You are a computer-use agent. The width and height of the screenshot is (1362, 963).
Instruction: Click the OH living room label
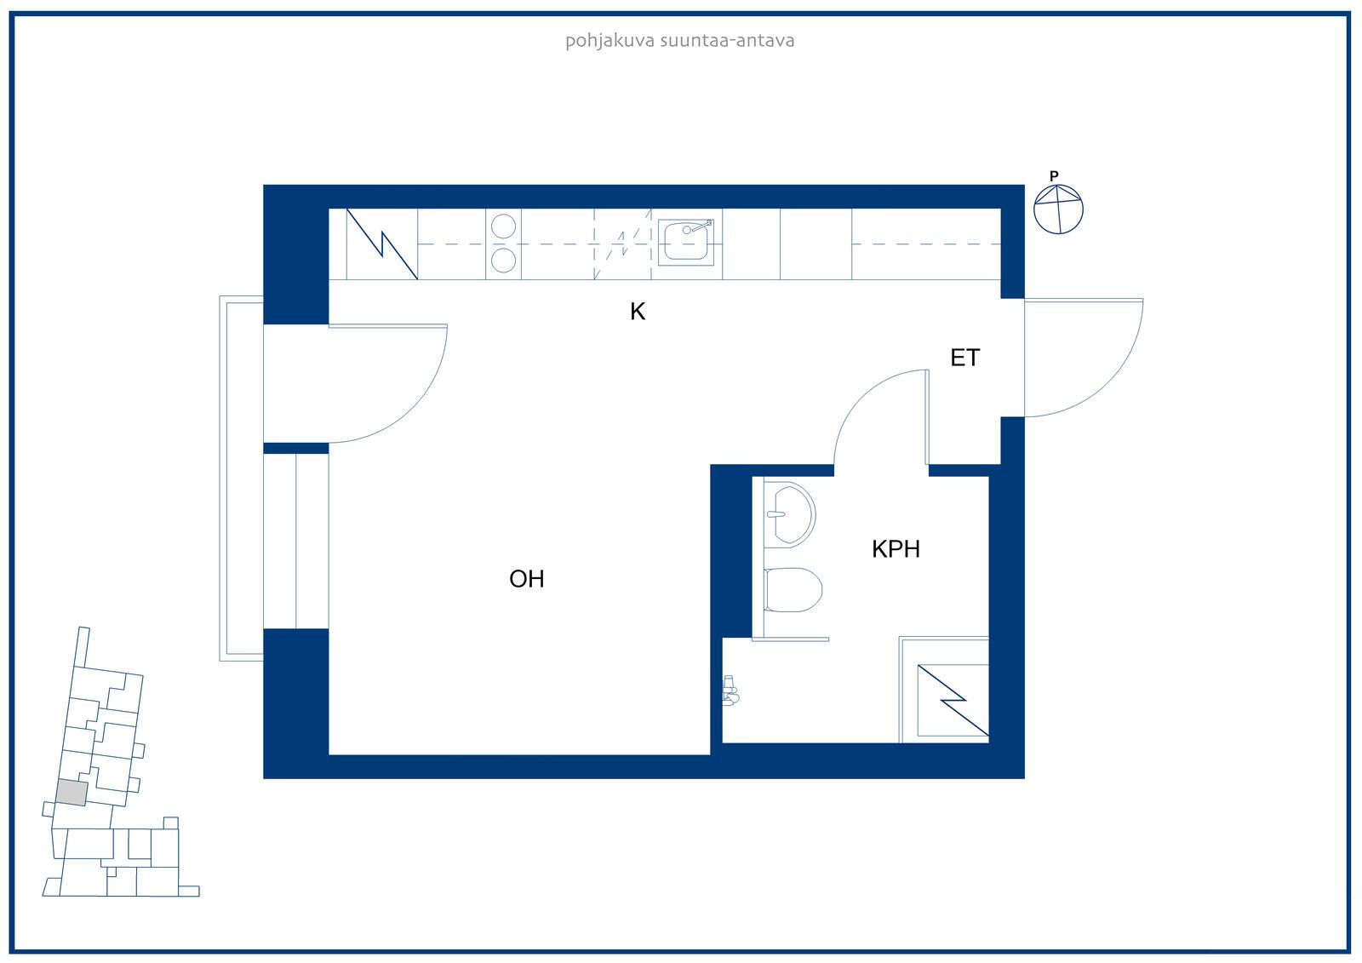click(527, 579)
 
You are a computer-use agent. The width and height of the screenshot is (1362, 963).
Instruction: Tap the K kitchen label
click(638, 312)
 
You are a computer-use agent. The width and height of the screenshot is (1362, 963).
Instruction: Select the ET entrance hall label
click(965, 358)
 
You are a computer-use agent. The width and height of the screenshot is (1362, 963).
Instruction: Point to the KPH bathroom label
click(896, 549)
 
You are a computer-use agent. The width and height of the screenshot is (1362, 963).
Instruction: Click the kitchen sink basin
click(685, 242)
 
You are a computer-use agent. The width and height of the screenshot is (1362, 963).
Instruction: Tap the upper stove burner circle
click(503, 226)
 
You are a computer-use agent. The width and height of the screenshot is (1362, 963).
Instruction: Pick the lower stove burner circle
click(503, 261)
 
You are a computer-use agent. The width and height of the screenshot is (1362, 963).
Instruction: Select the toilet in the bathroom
click(793, 589)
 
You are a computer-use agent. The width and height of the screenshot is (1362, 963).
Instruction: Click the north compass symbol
click(1059, 209)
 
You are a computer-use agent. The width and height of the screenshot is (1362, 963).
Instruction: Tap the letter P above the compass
click(1055, 175)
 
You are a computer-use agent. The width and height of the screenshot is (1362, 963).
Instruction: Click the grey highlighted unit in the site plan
click(72, 794)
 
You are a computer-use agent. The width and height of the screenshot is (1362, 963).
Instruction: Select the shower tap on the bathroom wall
click(730, 690)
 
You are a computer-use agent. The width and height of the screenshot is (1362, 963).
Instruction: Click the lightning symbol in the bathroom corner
click(953, 700)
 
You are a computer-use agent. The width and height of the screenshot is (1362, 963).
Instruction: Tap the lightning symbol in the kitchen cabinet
click(382, 244)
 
